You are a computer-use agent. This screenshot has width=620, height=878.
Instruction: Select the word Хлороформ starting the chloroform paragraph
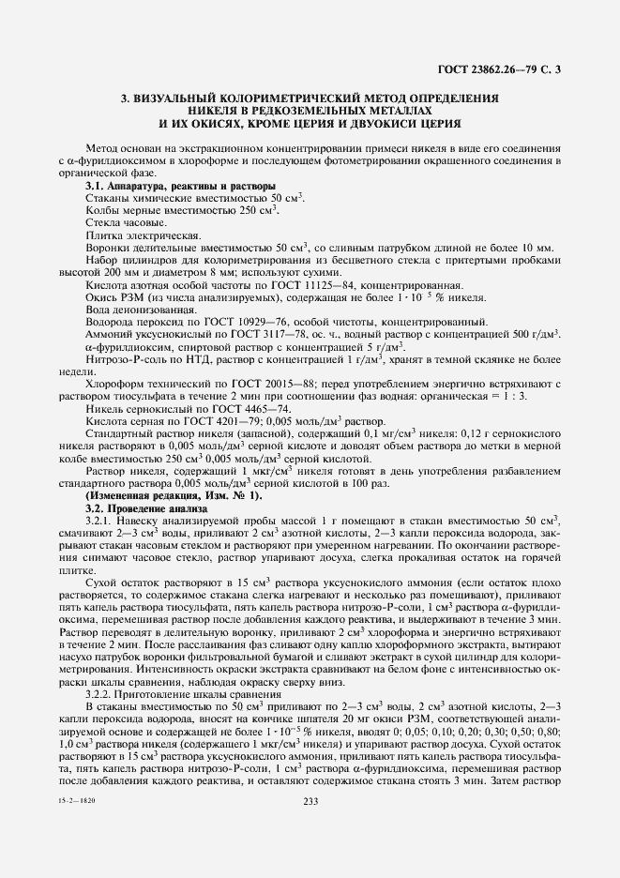(x=113, y=384)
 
